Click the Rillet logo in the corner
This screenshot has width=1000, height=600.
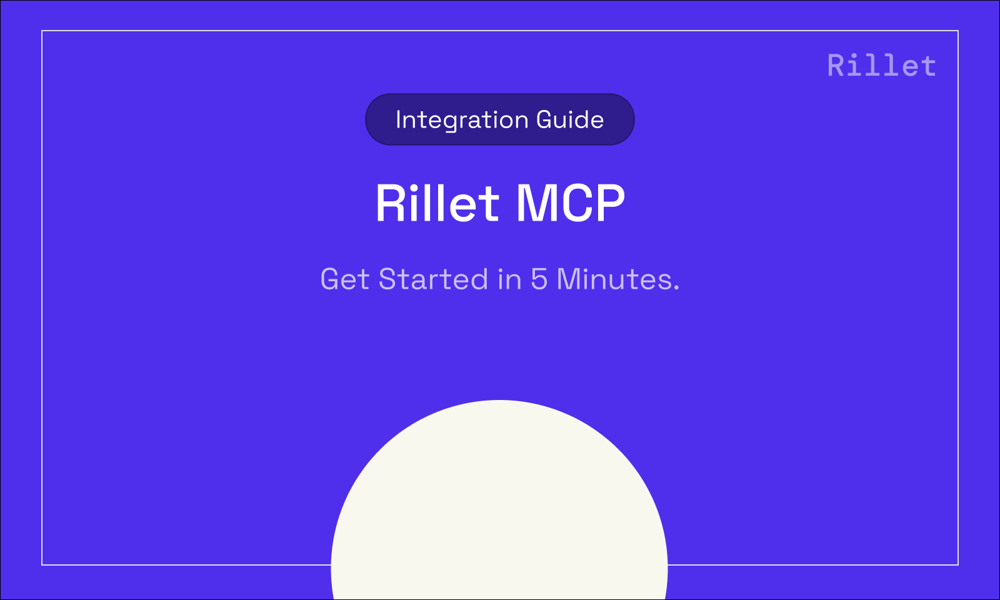[881, 66]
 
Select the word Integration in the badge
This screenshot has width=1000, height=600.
[461, 120]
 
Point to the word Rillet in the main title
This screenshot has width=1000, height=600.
[437, 203]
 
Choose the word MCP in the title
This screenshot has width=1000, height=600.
[570, 203]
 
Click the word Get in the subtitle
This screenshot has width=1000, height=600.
[344, 279]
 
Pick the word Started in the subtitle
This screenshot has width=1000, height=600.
[432, 279]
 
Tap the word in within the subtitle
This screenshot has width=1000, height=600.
[509, 279]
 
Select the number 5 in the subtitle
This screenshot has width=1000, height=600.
[539, 279]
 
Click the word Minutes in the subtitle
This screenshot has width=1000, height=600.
[614, 279]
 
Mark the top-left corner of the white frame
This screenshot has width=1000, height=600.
[42, 31]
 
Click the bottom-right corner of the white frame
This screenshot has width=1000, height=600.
[958, 565]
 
